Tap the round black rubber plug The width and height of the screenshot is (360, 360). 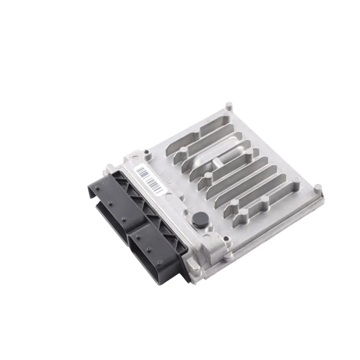click(198, 218)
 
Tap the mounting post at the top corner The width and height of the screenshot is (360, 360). click(229, 106)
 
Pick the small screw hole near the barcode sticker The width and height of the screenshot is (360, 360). click(147, 154)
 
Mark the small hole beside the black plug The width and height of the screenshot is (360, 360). click(227, 238)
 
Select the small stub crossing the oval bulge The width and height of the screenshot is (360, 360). click(217, 163)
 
